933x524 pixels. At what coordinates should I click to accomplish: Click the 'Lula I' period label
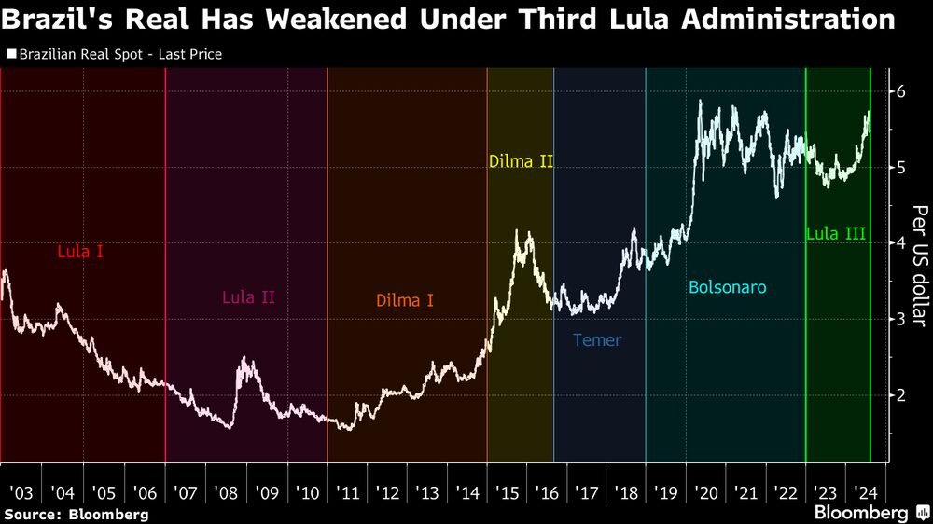click(80, 251)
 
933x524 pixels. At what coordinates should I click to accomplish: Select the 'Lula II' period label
click(248, 298)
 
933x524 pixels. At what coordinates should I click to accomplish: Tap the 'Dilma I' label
click(405, 301)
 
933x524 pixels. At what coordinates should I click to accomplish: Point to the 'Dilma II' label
click(521, 161)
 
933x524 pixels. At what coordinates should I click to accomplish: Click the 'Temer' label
click(597, 340)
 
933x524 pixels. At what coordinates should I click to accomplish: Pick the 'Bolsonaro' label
click(728, 287)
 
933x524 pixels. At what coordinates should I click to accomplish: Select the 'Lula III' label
click(836, 234)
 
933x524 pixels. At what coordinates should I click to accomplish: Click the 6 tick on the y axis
click(902, 91)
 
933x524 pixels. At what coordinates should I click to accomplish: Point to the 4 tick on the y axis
click(902, 243)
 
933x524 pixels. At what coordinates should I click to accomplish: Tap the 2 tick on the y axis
click(902, 395)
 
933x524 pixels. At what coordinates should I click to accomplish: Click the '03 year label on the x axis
click(21, 491)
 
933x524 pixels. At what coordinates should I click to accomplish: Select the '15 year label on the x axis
click(508, 491)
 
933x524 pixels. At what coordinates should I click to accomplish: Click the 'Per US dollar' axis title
click(919, 265)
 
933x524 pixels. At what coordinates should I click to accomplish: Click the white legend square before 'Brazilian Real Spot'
click(11, 54)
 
